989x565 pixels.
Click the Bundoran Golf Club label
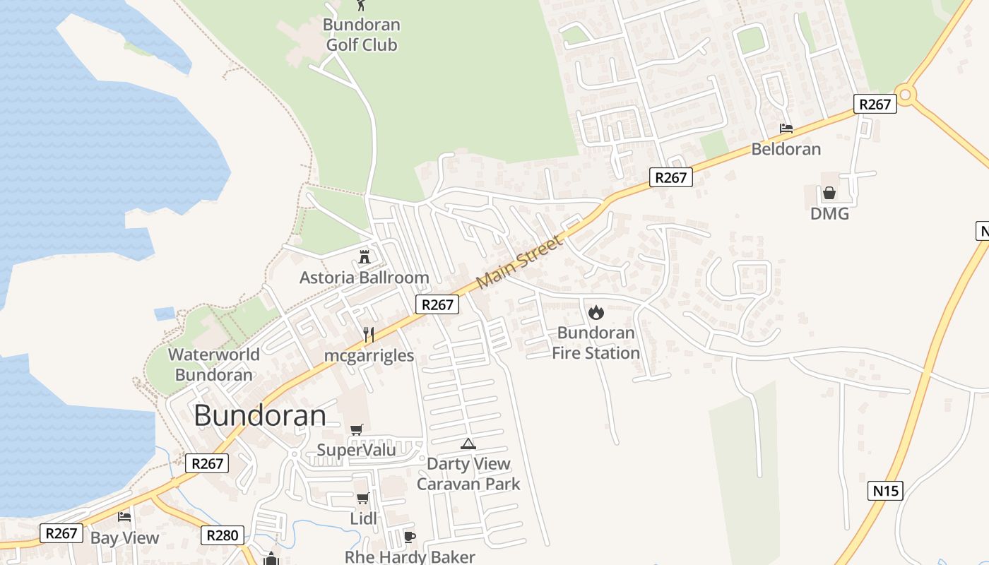click(x=362, y=35)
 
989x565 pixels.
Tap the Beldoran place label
click(x=786, y=149)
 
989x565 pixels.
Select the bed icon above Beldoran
click(x=786, y=129)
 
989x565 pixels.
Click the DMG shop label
click(x=829, y=213)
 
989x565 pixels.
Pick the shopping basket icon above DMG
click(x=829, y=193)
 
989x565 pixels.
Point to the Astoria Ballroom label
click(x=364, y=278)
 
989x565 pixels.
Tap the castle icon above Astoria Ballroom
click(x=365, y=256)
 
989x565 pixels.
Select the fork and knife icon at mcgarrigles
click(x=368, y=334)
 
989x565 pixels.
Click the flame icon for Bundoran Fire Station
click(x=596, y=311)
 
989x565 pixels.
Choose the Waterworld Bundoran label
click(x=213, y=364)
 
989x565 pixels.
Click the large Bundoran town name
click(x=260, y=415)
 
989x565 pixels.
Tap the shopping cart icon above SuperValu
click(x=357, y=429)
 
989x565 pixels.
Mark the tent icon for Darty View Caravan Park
click(x=468, y=444)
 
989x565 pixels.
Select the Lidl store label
click(x=363, y=519)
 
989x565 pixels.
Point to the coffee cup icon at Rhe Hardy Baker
click(x=409, y=537)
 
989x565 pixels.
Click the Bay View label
click(x=124, y=537)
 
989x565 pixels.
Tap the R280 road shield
click(x=222, y=535)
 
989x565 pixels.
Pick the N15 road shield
click(x=885, y=490)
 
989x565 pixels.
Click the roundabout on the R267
click(x=905, y=94)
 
